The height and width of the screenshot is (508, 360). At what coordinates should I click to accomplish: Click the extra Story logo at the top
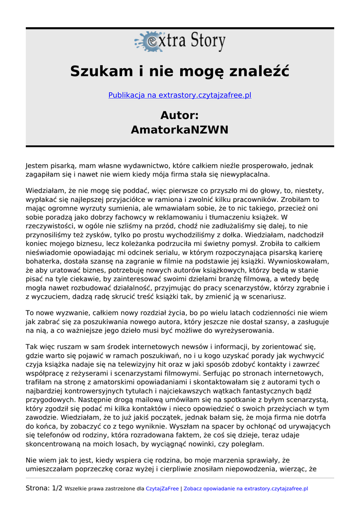click(180, 42)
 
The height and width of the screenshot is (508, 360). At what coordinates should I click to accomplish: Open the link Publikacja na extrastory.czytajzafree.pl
click(180, 95)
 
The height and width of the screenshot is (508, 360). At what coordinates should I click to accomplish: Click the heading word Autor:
click(180, 116)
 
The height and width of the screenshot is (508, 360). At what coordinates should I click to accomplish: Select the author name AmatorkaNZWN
click(180, 130)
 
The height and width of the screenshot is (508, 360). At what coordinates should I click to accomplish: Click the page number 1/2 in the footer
click(57, 488)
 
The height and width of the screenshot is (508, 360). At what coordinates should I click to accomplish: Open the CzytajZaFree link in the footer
click(162, 489)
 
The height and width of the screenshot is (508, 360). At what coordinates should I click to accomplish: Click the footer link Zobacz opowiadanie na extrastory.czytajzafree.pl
click(246, 489)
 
